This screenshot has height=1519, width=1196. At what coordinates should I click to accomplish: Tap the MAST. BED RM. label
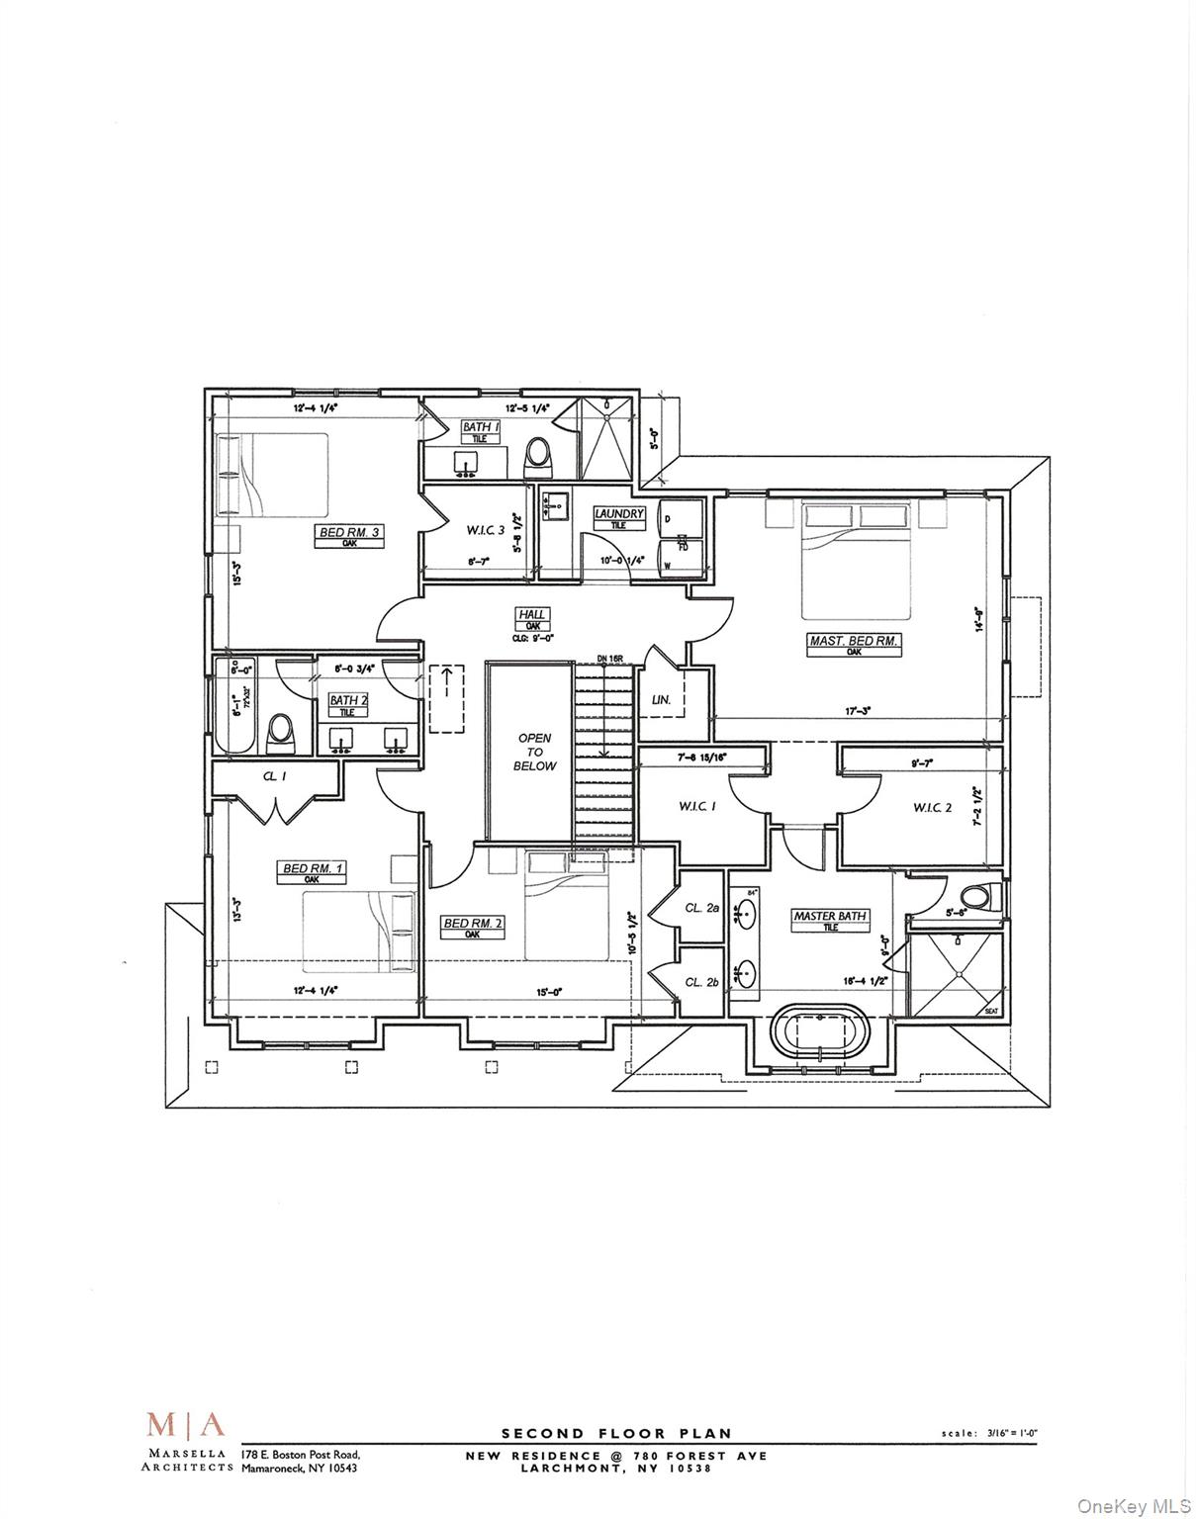point(854,641)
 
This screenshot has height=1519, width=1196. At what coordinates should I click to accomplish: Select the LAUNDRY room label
point(619,514)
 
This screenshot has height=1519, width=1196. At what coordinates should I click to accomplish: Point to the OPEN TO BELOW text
point(534,752)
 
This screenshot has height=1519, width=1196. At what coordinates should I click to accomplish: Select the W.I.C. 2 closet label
point(932,808)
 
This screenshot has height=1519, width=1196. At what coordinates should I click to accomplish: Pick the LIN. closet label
point(661,699)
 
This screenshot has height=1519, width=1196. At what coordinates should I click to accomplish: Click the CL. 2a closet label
point(701,907)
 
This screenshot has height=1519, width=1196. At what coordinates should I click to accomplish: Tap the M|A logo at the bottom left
point(186,1425)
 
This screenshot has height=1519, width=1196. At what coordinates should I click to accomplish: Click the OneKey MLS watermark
point(1133,1506)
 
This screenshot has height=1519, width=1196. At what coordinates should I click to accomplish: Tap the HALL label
point(531,615)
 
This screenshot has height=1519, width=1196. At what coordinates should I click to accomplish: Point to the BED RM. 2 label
point(473,924)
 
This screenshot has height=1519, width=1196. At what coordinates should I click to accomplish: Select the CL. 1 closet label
point(274,776)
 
